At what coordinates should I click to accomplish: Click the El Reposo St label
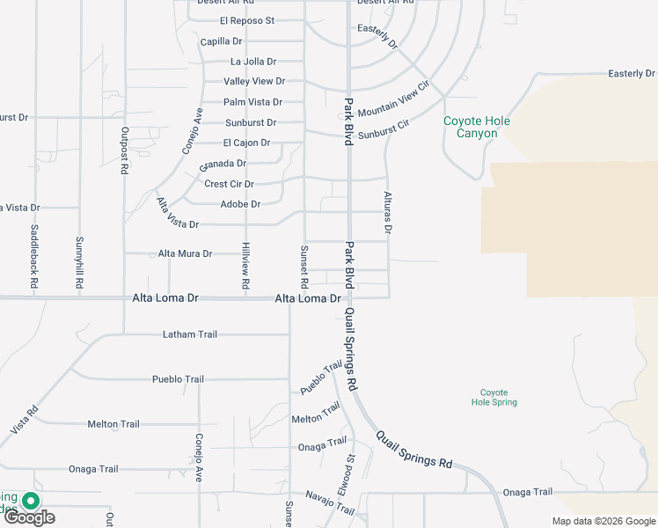(x=247, y=20)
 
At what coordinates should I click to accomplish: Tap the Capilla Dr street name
(x=221, y=41)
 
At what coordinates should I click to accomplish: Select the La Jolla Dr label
(x=253, y=62)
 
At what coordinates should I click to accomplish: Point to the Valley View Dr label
(x=254, y=81)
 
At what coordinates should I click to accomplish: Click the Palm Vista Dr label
(x=252, y=102)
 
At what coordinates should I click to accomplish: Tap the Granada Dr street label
(x=223, y=164)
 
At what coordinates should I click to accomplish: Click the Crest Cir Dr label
(x=229, y=184)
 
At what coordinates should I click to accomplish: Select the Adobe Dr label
(x=240, y=204)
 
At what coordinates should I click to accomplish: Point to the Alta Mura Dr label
(x=185, y=253)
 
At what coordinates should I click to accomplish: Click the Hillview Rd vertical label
(x=246, y=267)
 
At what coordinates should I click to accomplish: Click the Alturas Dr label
(x=386, y=212)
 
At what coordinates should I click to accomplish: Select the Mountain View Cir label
(x=392, y=97)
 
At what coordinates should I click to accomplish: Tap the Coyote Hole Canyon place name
(x=476, y=127)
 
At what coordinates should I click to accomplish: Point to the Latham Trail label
(x=189, y=334)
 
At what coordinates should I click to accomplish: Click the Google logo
(x=29, y=517)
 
